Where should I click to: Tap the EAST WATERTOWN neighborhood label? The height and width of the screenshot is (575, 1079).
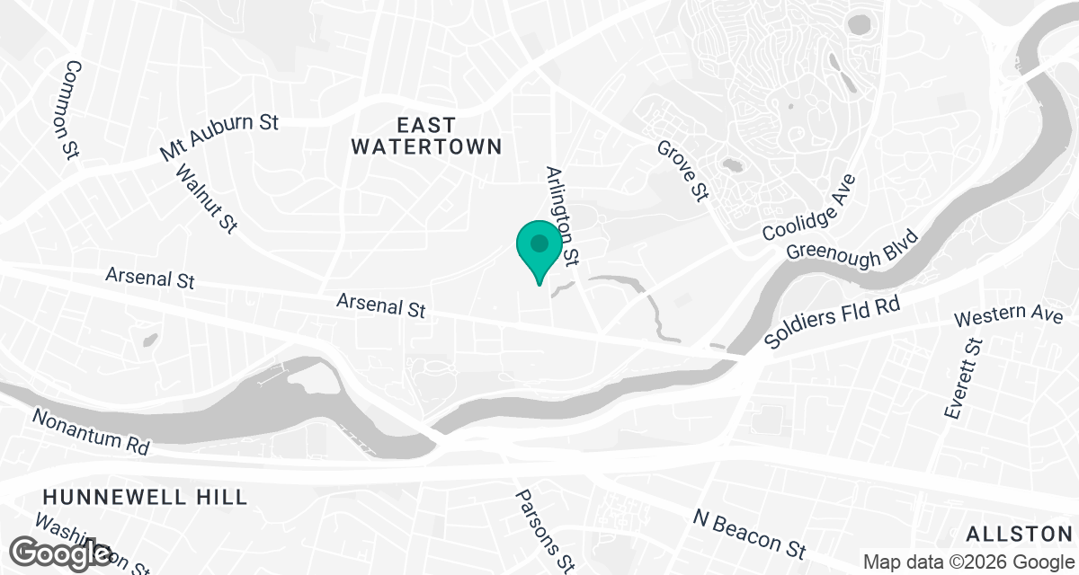pos(426,136)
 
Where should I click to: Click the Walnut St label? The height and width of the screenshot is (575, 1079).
pos(207,199)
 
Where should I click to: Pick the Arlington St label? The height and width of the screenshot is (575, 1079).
pos(561,216)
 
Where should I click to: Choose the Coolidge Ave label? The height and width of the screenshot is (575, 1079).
pos(808,208)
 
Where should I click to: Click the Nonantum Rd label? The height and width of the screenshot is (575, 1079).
pos(90,430)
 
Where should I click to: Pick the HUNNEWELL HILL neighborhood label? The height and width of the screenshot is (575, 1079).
pos(144,497)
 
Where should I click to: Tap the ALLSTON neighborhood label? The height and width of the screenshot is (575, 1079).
pos(1020,534)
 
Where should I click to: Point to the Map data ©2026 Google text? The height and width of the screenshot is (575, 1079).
pos(968,562)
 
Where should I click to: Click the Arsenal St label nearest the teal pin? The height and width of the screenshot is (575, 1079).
pos(380,305)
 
